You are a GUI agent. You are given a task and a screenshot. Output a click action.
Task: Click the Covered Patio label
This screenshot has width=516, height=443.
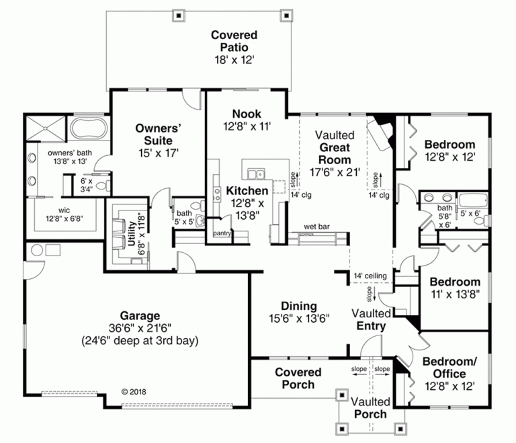pos(234,41)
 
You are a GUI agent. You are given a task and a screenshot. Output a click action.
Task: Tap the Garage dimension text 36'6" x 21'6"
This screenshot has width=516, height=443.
pos(140,327)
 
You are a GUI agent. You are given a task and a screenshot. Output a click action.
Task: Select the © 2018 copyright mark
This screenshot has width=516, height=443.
pos(134,391)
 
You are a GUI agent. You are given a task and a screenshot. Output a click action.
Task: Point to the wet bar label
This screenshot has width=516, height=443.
pos(315,227)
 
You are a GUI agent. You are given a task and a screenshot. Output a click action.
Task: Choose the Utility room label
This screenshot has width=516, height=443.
pos(132,231)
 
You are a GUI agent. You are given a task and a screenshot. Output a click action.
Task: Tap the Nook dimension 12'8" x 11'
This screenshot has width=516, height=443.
pos(247,126)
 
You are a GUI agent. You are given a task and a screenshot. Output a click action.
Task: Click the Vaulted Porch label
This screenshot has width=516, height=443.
pos(370,408)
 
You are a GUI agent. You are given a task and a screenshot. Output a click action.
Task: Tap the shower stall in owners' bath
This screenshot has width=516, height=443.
pos(46,127)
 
